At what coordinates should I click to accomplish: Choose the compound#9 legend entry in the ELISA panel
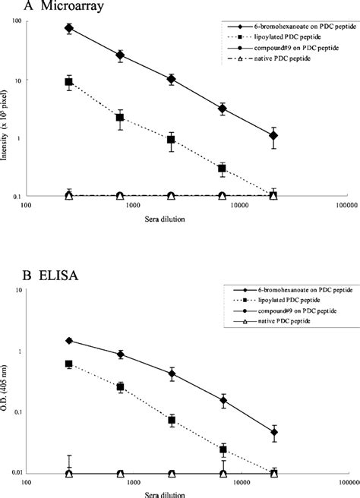292,312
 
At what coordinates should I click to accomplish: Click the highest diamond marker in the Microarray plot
69,28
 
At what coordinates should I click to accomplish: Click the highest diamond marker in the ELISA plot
69,341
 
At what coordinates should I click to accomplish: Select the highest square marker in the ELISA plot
69,364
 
